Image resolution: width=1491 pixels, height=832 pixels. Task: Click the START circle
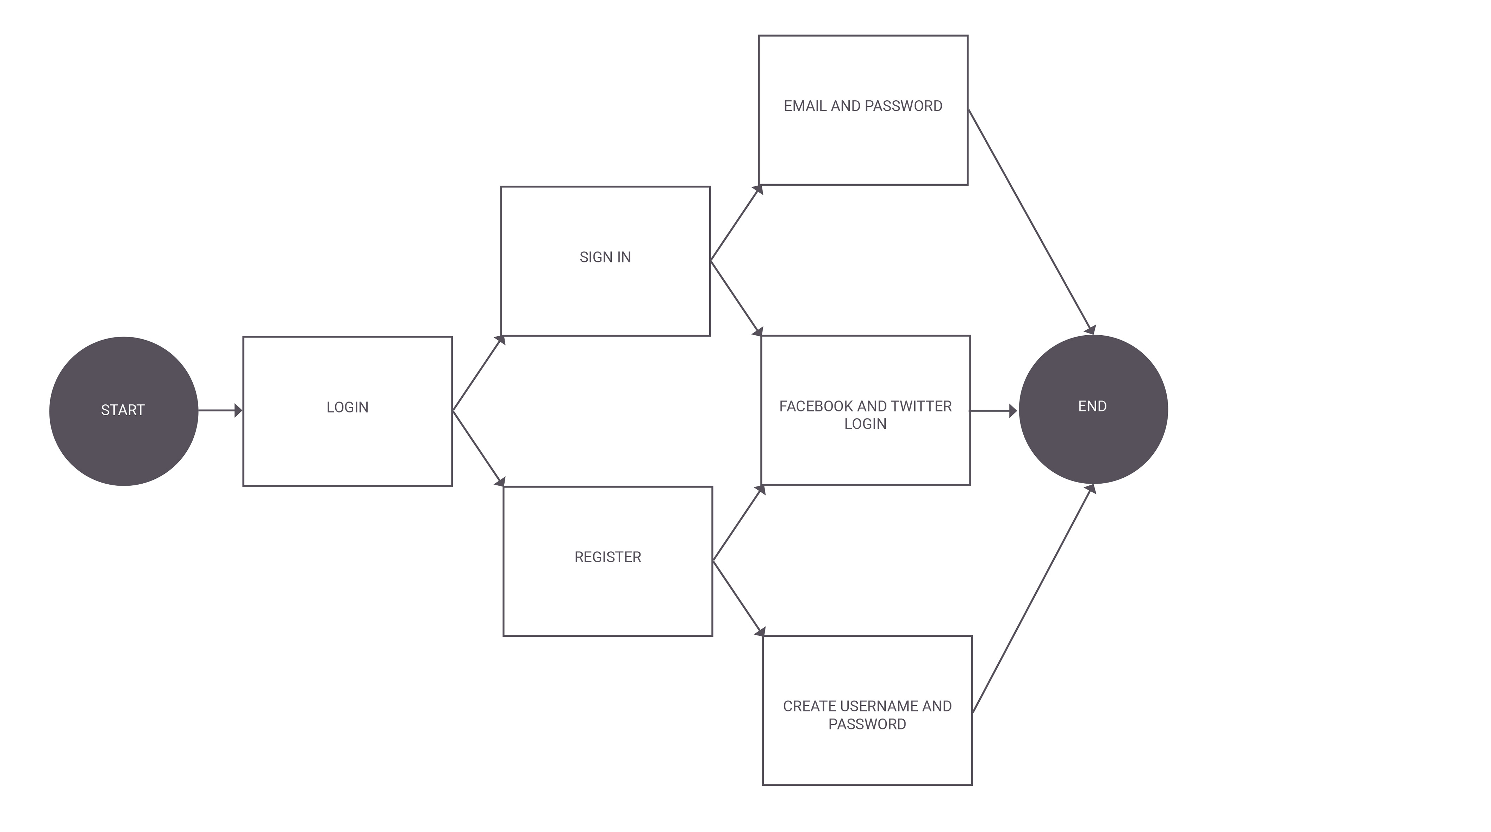point(124,411)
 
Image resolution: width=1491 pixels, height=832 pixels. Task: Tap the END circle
point(1093,409)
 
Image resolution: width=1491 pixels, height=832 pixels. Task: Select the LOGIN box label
point(347,408)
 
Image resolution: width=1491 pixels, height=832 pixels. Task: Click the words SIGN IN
point(605,257)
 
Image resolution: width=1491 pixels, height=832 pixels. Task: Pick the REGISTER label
point(608,557)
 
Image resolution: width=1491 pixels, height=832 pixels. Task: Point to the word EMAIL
point(805,106)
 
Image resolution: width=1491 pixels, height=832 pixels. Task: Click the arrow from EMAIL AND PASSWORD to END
point(1031,222)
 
